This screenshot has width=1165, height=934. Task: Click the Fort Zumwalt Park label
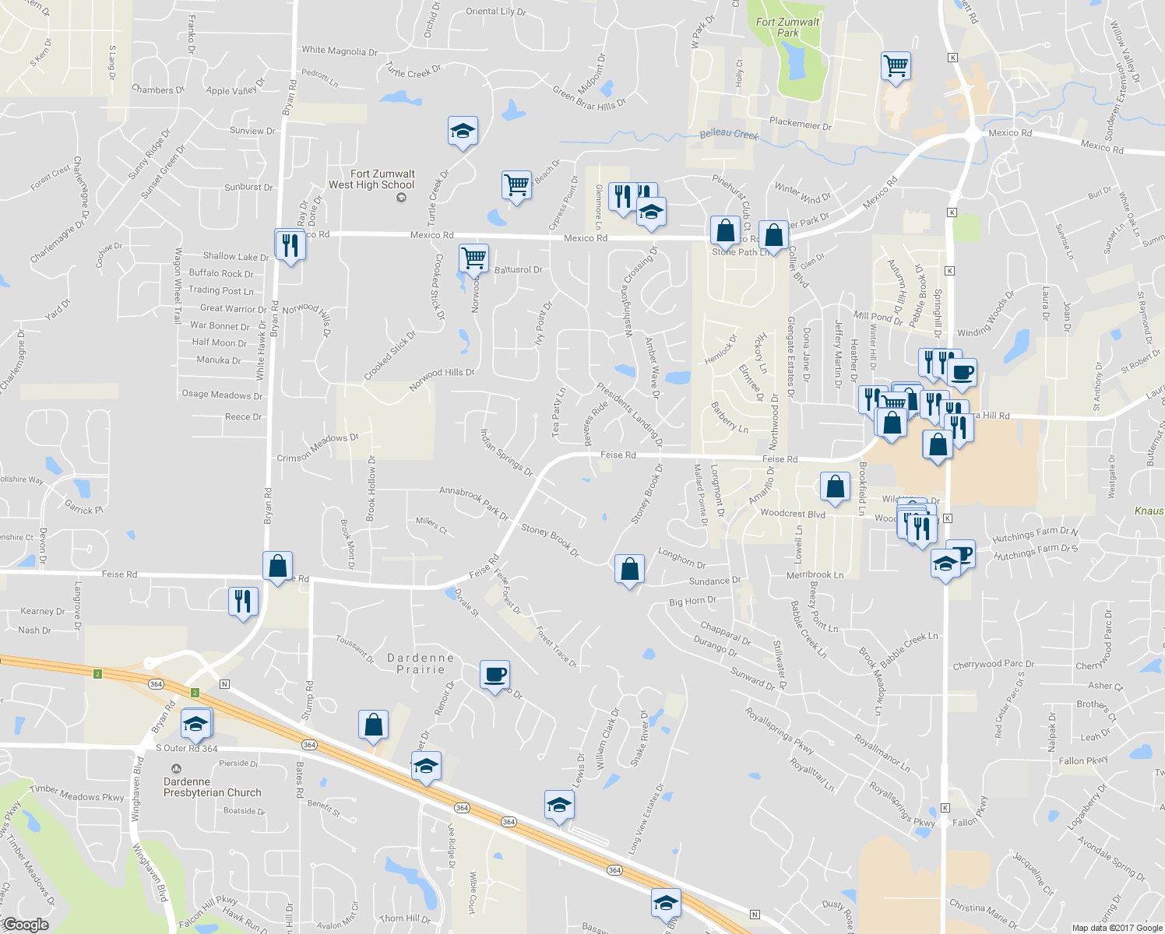pyautogui.click(x=787, y=27)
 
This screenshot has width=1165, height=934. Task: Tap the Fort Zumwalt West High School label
pyautogui.click(x=372, y=180)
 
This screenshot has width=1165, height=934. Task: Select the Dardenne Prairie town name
pyautogui.click(x=421, y=663)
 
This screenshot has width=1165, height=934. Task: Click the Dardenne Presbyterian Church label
pyautogui.click(x=212, y=787)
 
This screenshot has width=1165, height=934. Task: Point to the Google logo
pyautogui.click(x=26, y=924)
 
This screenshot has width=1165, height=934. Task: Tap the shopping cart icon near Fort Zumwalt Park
pyautogui.click(x=896, y=65)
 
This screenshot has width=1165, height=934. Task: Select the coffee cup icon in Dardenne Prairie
pyautogui.click(x=495, y=673)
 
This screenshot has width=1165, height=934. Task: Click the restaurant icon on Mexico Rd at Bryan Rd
pyautogui.click(x=290, y=245)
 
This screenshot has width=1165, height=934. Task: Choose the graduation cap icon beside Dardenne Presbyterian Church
pyautogui.click(x=195, y=724)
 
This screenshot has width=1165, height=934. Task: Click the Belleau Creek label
pyautogui.click(x=729, y=134)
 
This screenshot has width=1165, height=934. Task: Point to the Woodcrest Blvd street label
pyautogui.click(x=792, y=514)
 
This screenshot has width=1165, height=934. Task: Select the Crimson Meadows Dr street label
pyautogui.click(x=317, y=448)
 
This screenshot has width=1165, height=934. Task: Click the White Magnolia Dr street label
pyautogui.click(x=340, y=51)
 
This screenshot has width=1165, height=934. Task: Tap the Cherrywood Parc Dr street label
pyautogui.click(x=993, y=665)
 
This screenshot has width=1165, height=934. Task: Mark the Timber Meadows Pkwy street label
pyautogui.click(x=76, y=793)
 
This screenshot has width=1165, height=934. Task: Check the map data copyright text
pyautogui.click(x=1117, y=928)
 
